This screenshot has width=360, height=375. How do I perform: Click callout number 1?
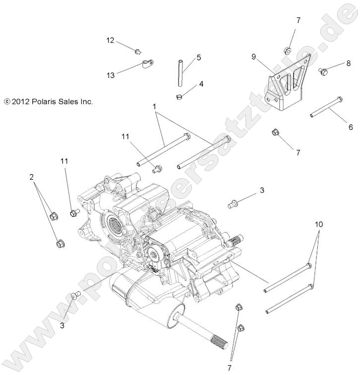[154, 107]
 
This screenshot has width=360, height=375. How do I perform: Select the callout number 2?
[31, 176]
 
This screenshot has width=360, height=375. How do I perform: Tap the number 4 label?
[201, 84]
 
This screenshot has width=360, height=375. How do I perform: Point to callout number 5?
[198, 58]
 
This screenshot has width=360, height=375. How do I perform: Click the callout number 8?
[348, 63]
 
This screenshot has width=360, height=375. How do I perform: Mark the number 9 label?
[253, 57]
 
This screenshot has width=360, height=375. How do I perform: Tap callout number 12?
[110, 40]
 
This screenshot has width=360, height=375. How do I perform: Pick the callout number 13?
[110, 75]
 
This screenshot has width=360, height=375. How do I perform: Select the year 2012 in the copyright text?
[19, 102]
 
